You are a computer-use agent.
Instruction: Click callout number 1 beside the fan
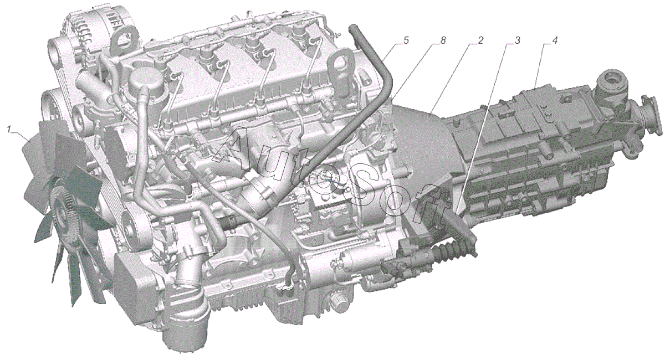(9, 129)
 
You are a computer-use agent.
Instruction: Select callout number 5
(406, 40)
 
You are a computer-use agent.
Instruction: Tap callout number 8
(443, 40)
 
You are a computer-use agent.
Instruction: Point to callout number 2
(480, 40)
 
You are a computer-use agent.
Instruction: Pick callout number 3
(517, 40)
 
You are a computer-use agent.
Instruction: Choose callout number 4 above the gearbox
(554, 40)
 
